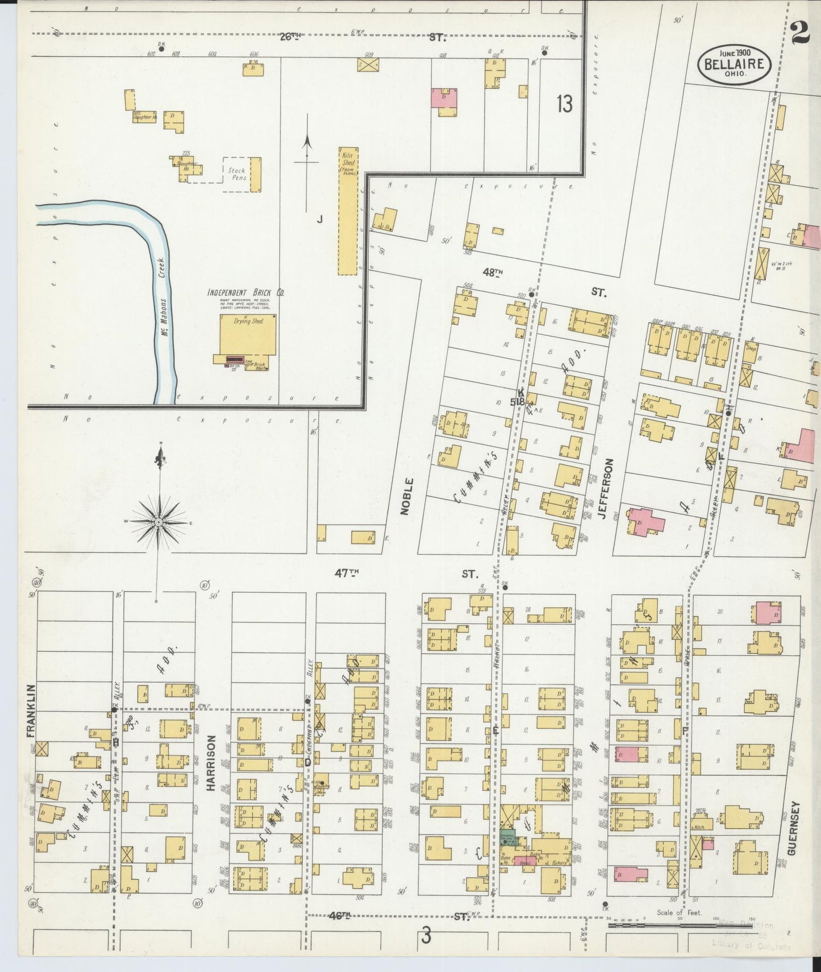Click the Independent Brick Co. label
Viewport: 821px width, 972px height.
(x=245, y=293)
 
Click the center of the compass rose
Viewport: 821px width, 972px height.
(x=159, y=521)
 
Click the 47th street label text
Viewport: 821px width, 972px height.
(x=347, y=574)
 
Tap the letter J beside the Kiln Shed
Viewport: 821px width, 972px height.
(x=319, y=221)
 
